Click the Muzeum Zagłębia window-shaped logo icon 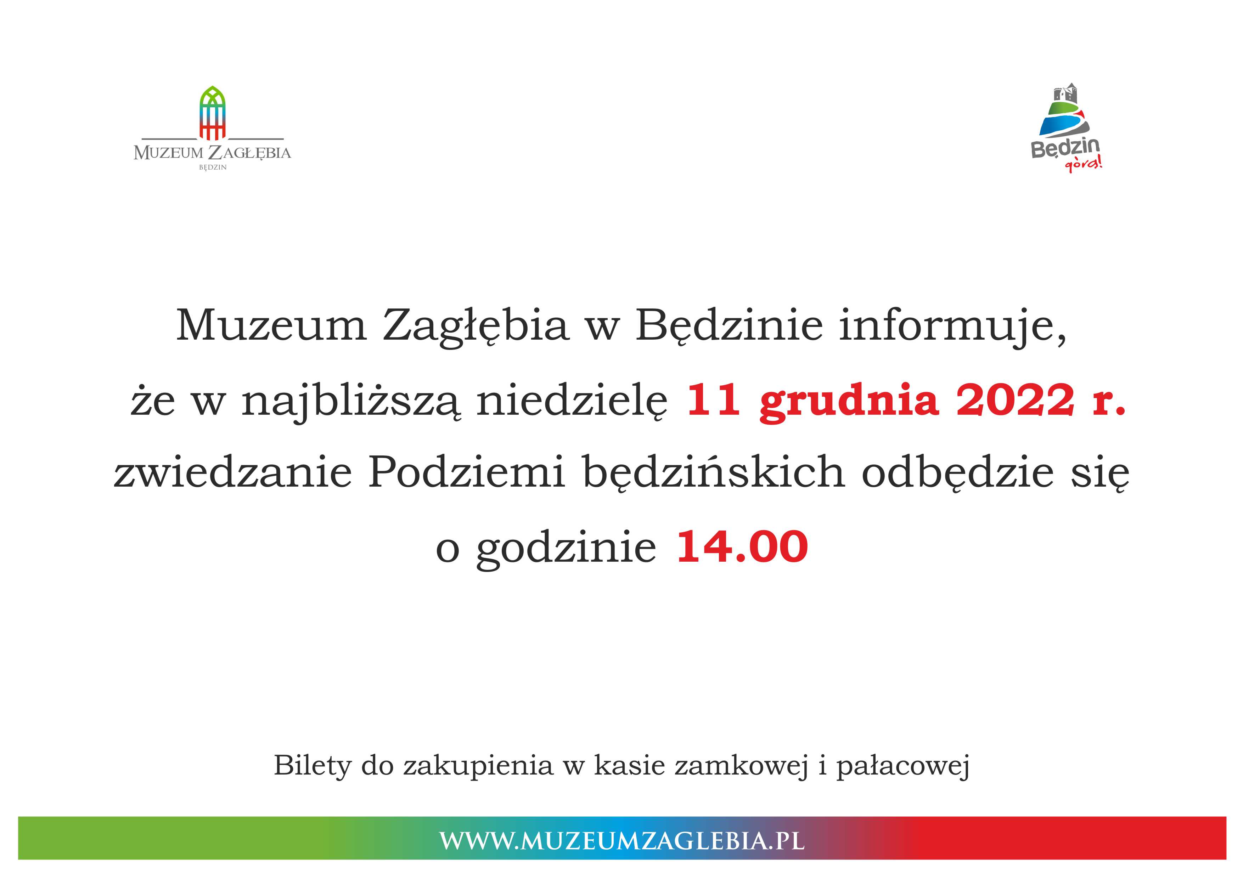tap(212, 113)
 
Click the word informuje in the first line tap(953, 325)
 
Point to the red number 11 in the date tap(714, 401)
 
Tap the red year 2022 tap(1015, 401)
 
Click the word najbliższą tap(351, 403)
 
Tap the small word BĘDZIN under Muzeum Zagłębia tap(213, 168)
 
